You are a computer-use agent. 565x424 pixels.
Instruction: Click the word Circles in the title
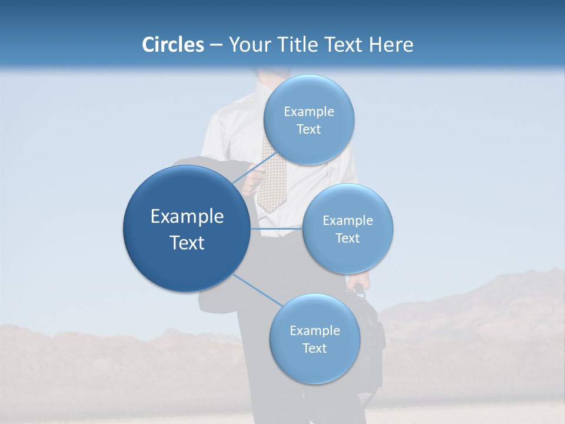click(x=172, y=45)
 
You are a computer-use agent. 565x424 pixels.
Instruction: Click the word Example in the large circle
click(x=187, y=217)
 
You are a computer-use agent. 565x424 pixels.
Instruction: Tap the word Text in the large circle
click(x=187, y=243)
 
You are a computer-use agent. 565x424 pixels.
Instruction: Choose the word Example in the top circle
click(x=308, y=112)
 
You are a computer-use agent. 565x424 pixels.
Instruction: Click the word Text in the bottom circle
click(x=314, y=348)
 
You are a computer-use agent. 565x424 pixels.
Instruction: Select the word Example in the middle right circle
click(x=348, y=221)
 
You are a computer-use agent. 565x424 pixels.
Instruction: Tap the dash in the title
click(x=216, y=45)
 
